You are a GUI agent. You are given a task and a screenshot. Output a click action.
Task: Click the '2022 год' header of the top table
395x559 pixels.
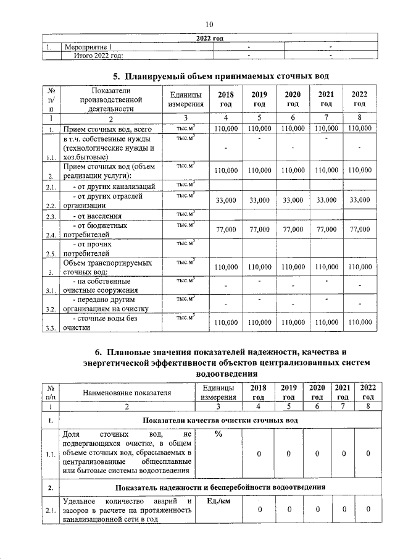209,39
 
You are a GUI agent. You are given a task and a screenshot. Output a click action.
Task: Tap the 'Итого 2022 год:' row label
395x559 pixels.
99,56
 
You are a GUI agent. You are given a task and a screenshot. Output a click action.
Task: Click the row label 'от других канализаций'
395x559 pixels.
110,186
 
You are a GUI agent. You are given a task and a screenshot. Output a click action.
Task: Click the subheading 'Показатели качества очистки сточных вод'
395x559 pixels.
220,420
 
